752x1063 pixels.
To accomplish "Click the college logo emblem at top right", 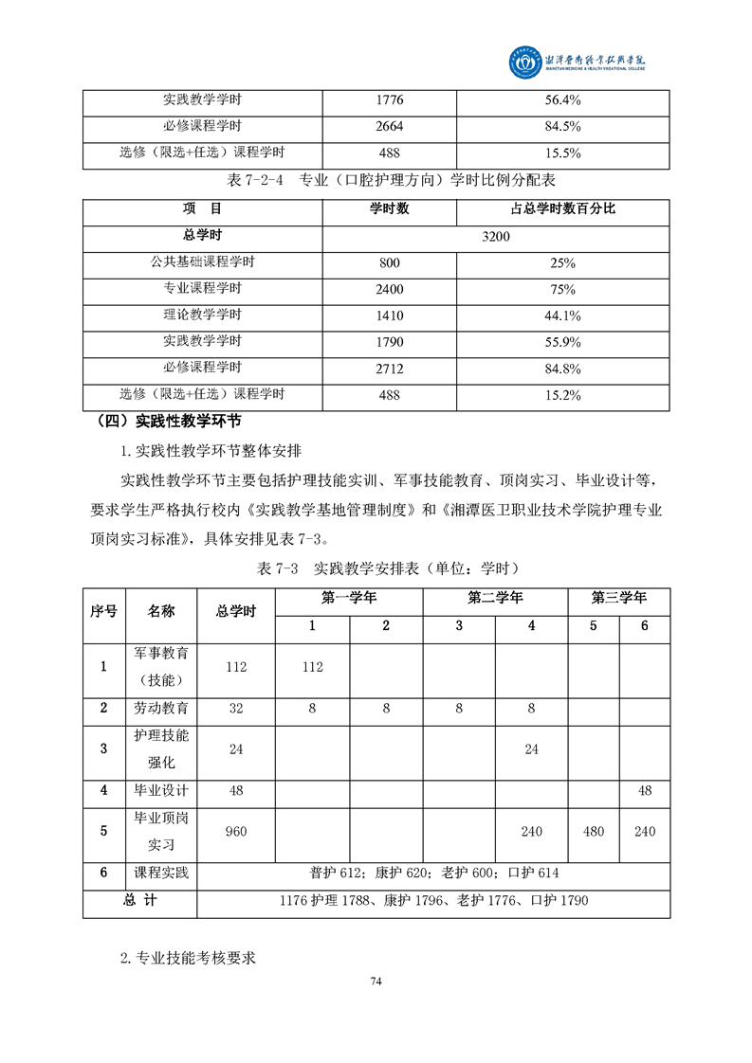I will click(x=522, y=63).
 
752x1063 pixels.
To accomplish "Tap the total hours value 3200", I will click(x=496, y=237).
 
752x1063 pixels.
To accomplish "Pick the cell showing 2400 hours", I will click(x=389, y=289).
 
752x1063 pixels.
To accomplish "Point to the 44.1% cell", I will click(x=563, y=315).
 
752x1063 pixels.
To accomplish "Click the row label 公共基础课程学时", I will click(x=202, y=262).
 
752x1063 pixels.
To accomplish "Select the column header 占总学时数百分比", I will click(x=563, y=209).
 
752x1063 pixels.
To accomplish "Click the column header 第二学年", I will click(x=495, y=598).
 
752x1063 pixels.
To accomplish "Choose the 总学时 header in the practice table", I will click(x=236, y=611).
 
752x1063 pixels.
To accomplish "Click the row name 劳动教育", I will click(x=161, y=708).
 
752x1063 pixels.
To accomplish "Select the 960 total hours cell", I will click(x=236, y=831).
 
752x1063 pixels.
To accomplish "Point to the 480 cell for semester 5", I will click(x=594, y=831).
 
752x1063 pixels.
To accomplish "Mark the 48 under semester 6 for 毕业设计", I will click(x=645, y=789).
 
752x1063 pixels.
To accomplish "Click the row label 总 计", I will click(x=139, y=900).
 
